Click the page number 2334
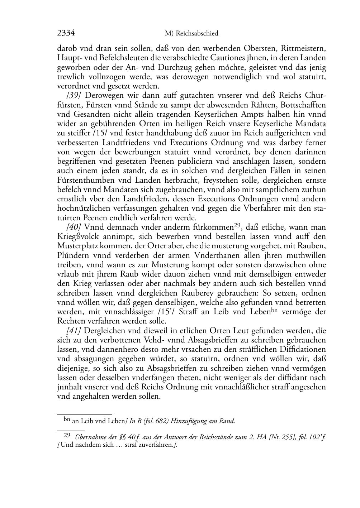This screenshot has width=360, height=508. [66, 33]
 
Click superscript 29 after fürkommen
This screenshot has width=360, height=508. [237, 225]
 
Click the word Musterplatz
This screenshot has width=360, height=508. [77, 246]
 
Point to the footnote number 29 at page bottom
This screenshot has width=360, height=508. [66, 436]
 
